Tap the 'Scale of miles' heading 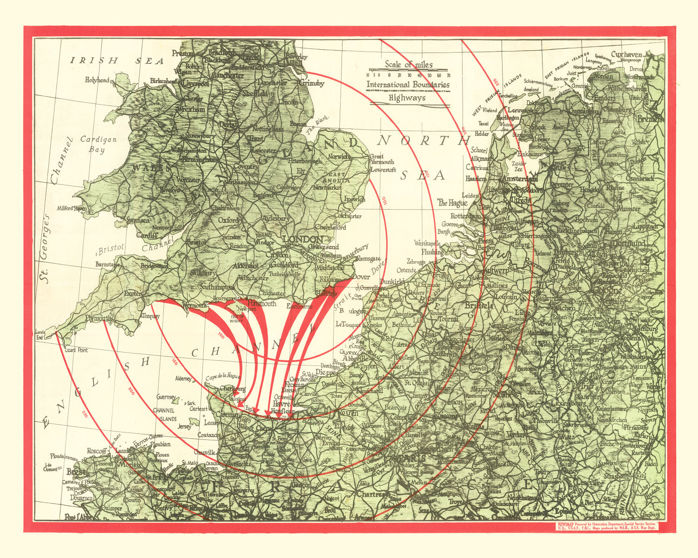pos(408,65)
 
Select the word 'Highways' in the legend pos(407,98)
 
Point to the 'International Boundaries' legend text pos(408,85)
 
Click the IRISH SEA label pos(117,61)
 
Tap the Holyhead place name pos(97,80)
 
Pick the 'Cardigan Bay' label pos(98,144)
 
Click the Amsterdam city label pos(518,179)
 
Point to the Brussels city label pos(478,306)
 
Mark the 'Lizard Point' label pos(77,349)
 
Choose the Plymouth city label pos(99,319)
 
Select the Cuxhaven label pos(626,54)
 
